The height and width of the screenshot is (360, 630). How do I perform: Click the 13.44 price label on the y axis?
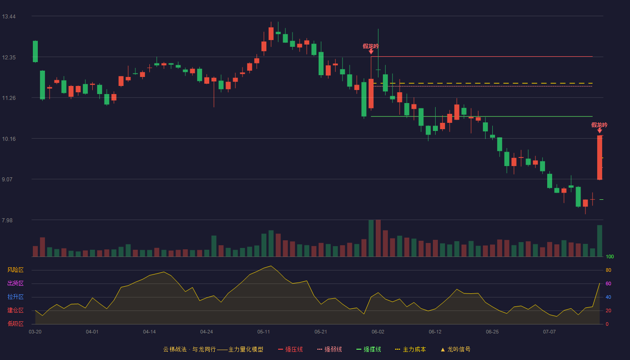point(9,17)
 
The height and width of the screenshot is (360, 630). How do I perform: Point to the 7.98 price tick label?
point(7,220)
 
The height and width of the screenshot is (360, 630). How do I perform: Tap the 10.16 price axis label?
point(9,139)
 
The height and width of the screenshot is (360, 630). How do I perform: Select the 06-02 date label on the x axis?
point(378,332)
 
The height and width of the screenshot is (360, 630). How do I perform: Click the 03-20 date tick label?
point(35,332)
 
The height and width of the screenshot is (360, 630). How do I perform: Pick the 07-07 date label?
point(549,332)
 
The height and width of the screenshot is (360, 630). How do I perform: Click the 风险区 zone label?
point(15,270)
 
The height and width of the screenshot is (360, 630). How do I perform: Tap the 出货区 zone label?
point(15,283)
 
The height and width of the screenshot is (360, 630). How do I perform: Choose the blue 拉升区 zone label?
point(15,297)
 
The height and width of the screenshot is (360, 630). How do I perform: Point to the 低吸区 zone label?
point(15,324)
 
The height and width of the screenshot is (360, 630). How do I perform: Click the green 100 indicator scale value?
point(610,256)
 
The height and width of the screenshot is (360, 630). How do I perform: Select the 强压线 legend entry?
point(290,349)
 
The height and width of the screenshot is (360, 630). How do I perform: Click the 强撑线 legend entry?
point(369,349)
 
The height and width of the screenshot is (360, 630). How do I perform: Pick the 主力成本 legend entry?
point(410,349)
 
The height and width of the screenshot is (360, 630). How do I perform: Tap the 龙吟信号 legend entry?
point(455,349)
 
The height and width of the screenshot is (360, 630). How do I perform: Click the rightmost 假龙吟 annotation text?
point(599,125)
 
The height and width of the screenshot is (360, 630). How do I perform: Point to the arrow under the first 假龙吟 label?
point(371,51)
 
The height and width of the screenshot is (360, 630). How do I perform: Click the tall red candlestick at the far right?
point(599,157)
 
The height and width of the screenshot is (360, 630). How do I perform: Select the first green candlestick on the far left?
point(35,51)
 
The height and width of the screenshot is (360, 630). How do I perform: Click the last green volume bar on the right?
point(599,241)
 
